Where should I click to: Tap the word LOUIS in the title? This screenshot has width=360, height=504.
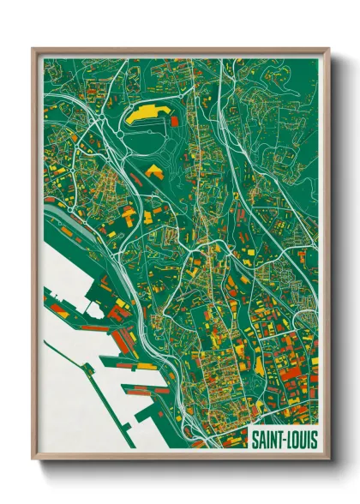(x=298, y=438)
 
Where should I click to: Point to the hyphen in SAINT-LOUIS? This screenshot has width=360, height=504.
(x=282, y=438)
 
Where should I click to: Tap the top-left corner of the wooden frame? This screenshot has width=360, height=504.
(x=33, y=50)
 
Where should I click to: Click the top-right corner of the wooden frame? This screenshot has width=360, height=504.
(x=328, y=50)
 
